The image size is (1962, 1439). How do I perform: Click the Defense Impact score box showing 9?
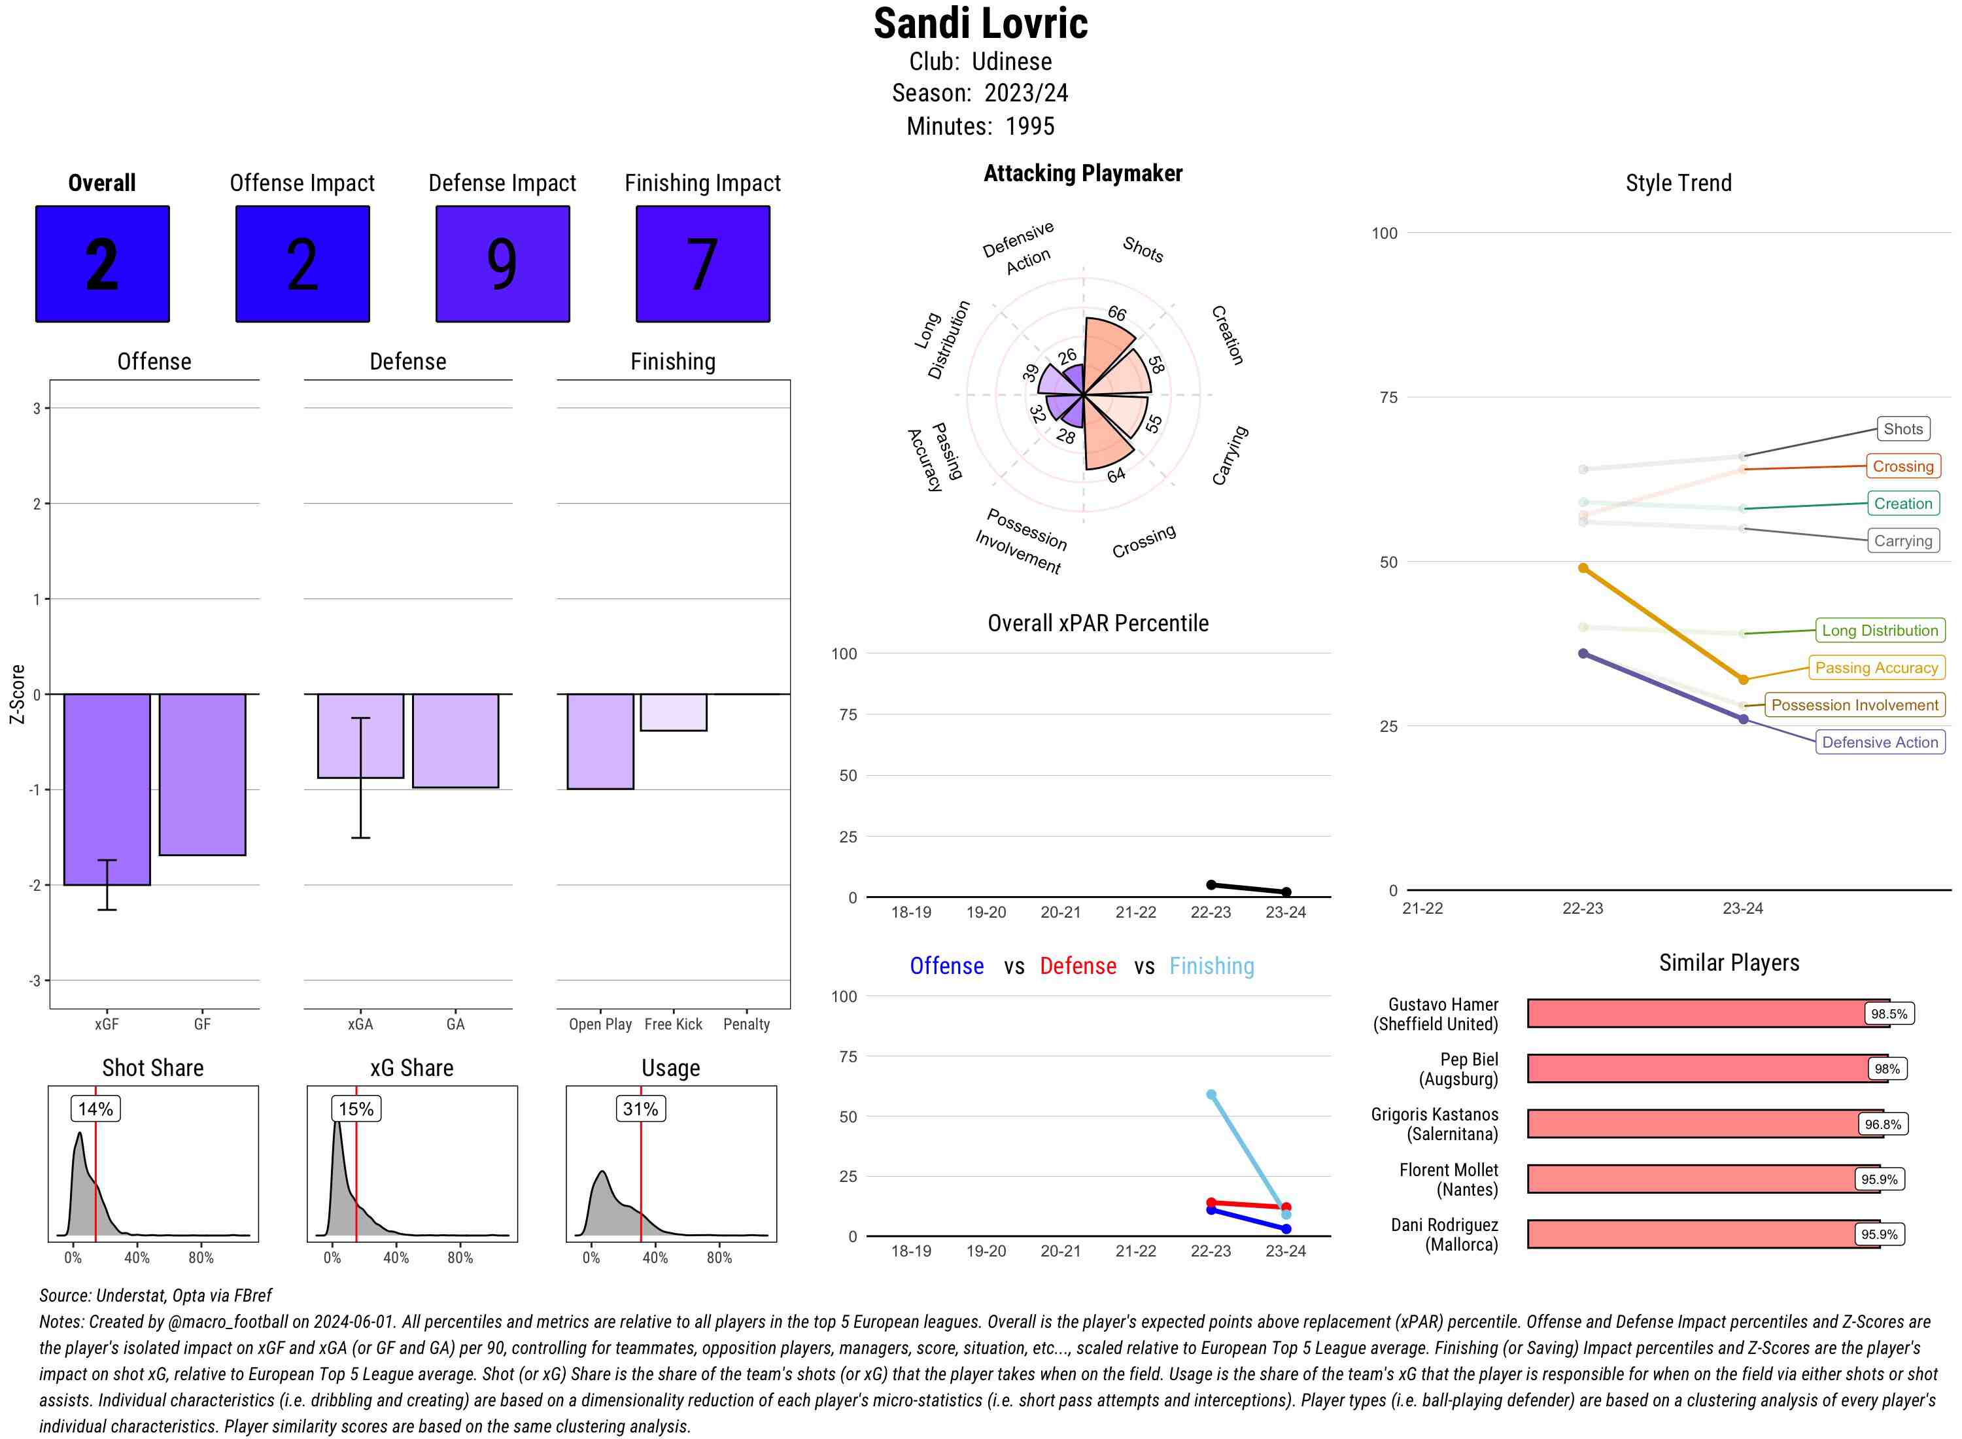pos(502,264)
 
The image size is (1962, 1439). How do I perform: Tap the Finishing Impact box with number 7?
pos(703,264)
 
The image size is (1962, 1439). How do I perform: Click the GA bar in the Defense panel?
pos(455,740)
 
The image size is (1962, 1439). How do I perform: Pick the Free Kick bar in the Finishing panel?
pos(673,712)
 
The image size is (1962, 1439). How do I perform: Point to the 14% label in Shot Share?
pos(95,1109)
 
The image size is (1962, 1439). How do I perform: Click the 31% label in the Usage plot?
pos(641,1109)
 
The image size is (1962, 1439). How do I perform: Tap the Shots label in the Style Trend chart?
pos(1902,428)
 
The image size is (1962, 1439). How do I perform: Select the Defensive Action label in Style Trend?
pos(1880,742)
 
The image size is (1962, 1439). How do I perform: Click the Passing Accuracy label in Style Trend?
pos(1877,668)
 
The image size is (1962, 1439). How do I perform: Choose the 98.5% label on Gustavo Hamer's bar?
pos(1889,1014)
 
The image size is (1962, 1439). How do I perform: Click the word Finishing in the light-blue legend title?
pos(1211,966)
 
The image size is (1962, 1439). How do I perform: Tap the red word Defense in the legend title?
pos(1078,966)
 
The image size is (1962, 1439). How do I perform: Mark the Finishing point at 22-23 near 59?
pos(1211,1095)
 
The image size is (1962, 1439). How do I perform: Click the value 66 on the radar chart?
pos(1117,313)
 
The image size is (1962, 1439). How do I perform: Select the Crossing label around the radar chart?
pos(1143,541)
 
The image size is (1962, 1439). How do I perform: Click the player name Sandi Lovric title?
pos(980,24)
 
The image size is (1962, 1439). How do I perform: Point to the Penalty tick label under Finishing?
pos(746,1024)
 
